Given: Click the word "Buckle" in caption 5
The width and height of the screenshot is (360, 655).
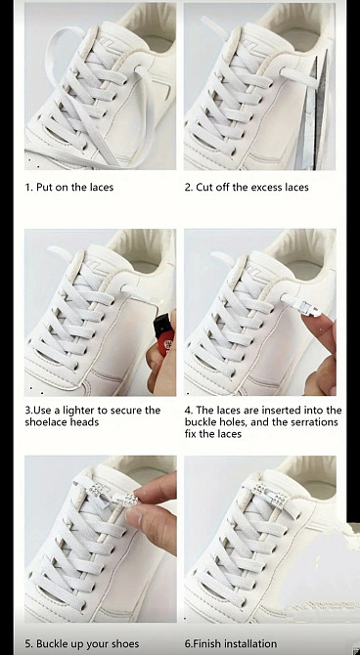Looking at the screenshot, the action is [x=53, y=643].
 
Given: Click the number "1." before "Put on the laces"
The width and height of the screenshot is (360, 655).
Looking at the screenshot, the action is [x=28, y=187].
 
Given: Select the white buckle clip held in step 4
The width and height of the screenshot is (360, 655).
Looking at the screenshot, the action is [x=300, y=302].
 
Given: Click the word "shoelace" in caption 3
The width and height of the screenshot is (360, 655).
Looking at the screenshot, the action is [x=45, y=422].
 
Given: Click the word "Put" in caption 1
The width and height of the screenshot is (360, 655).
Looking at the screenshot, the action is [x=44, y=187].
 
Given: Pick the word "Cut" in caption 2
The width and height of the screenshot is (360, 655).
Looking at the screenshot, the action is [x=204, y=187].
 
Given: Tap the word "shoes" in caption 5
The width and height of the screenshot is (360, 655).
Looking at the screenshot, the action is [x=125, y=643].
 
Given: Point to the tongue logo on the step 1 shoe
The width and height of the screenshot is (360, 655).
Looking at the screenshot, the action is [x=105, y=42].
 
